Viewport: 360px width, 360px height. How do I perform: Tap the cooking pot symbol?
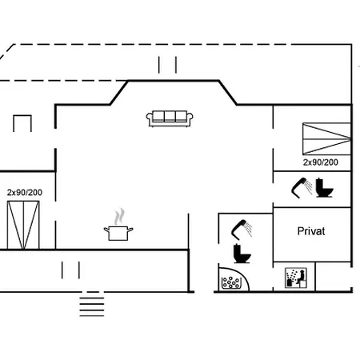[x=118, y=233]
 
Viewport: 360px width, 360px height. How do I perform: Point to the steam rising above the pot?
[x=119, y=216]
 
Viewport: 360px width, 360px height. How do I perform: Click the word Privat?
[x=311, y=231]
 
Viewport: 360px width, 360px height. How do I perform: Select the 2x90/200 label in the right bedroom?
[x=320, y=162]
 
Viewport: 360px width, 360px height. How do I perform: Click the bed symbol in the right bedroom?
[x=326, y=138]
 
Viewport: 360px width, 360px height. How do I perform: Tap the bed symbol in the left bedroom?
[x=23, y=224]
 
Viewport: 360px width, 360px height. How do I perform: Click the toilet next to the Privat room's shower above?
[x=324, y=188]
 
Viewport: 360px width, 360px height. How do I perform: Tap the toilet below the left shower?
[x=240, y=254]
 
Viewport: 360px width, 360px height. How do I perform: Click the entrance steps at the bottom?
[x=91, y=305]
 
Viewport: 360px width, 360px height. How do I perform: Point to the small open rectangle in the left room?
[x=22, y=125]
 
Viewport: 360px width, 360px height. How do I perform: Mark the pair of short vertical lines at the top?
[x=167, y=65]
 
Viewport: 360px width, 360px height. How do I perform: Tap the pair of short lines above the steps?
[x=72, y=270]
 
